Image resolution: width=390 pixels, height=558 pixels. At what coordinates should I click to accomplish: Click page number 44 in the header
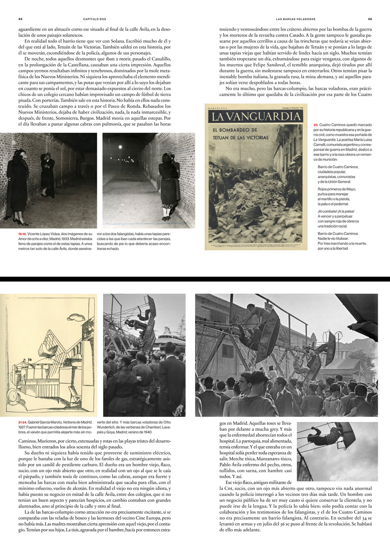(x=20, y=19)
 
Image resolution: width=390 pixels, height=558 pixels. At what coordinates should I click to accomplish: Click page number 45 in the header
(x=370, y=19)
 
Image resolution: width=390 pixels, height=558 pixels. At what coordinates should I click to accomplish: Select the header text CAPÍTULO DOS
(x=94, y=19)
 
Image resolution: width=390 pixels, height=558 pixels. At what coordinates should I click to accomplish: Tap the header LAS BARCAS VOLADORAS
(x=296, y=19)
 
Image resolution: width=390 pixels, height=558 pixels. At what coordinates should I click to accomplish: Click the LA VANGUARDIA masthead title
(x=256, y=117)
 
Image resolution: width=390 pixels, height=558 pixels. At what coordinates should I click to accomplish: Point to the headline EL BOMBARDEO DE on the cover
(x=235, y=130)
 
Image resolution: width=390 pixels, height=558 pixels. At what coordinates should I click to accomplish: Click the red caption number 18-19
(x=22, y=234)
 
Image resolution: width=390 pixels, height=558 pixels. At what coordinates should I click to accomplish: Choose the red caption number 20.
(x=316, y=125)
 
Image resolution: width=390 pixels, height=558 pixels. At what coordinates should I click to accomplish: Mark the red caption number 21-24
(x=23, y=422)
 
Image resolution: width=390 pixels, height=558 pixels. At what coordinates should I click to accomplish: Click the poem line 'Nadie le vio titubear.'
(x=333, y=238)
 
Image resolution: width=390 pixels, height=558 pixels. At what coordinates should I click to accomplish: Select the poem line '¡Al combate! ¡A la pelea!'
(x=336, y=211)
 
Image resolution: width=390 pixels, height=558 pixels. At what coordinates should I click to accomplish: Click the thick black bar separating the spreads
(x=195, y=279)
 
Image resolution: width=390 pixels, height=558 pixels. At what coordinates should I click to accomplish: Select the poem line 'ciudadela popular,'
(x=332, y=172)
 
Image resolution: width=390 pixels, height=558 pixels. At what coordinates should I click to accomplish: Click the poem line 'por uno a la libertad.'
(x=333, y=248)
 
